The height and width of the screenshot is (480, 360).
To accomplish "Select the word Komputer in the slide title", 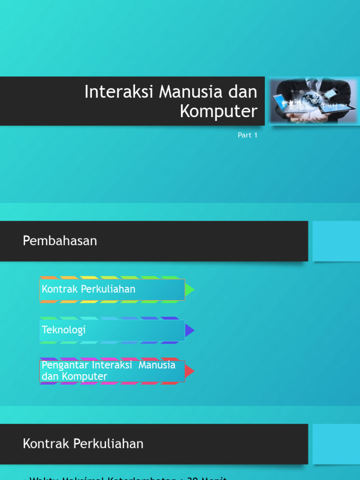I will tap(219, 111).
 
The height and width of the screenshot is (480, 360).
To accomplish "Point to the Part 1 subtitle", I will tap(247, 135).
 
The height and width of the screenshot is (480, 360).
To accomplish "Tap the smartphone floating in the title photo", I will tap(331, 93).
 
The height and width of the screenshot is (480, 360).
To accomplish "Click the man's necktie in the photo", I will tap(313, 84).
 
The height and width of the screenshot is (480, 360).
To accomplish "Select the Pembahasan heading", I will tap(60, 241).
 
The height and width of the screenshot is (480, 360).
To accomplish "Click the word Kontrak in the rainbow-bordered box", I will tap(60, 289).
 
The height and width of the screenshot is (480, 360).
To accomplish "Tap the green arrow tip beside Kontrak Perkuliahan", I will tap(189, 290).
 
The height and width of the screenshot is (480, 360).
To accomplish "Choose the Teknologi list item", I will tap(64, 330).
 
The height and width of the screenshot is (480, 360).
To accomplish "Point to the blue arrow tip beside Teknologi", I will tap(189, 330).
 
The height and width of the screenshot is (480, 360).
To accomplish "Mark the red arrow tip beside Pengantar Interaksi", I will tap(189, 371).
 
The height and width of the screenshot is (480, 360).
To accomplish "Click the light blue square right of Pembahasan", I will tap(336, 241).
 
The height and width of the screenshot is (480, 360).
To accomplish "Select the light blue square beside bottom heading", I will tap(336, 444).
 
